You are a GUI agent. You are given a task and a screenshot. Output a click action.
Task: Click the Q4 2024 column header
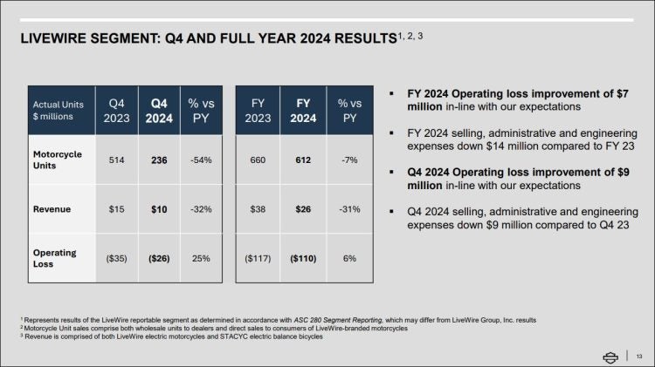coord(159,110)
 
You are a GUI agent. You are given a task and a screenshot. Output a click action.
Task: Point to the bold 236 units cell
coord(159,160)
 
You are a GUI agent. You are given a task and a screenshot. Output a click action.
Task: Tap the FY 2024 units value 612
coord(303,160)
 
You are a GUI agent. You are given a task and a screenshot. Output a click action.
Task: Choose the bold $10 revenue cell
coord(159,209)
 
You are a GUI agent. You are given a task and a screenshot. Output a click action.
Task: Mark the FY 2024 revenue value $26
coord(303,209)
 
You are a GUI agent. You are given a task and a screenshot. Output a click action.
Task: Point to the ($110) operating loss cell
coord(303,259)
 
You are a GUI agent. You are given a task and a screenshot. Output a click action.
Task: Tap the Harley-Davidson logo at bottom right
coord(613,354)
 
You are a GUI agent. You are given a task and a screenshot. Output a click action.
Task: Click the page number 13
coord(639,354)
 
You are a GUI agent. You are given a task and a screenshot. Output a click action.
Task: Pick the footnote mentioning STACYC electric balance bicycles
coord(169,336)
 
